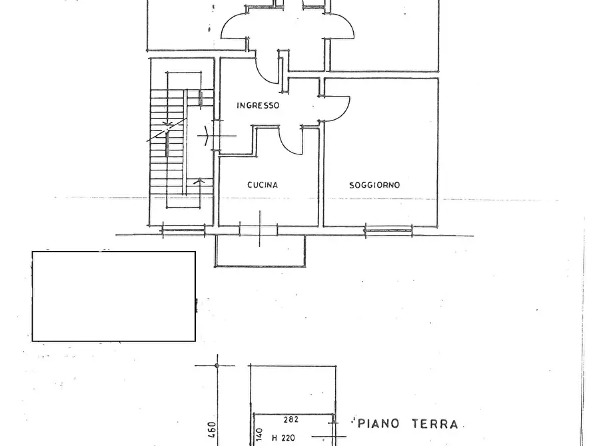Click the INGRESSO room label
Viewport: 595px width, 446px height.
[258, 105]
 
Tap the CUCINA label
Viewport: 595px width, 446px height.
[263, 185]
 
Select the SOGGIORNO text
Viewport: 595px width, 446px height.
[374, 185]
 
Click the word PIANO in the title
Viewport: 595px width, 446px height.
[378, 423]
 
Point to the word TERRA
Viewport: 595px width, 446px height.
[435, 423]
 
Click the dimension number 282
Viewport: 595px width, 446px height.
[291, 419]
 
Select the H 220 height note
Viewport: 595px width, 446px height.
[283, 438]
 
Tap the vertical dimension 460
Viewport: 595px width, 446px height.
[212, 429]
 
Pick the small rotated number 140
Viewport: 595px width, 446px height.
[260, 435]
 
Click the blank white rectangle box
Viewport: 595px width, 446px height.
[114, 296]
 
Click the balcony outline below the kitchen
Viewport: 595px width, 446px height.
[261, 267]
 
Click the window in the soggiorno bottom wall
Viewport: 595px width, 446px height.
[388, 230]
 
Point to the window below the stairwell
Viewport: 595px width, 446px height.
[184, 230]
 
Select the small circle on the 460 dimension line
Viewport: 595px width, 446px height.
[217, 365]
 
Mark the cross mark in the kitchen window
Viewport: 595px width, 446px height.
[260, 229]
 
